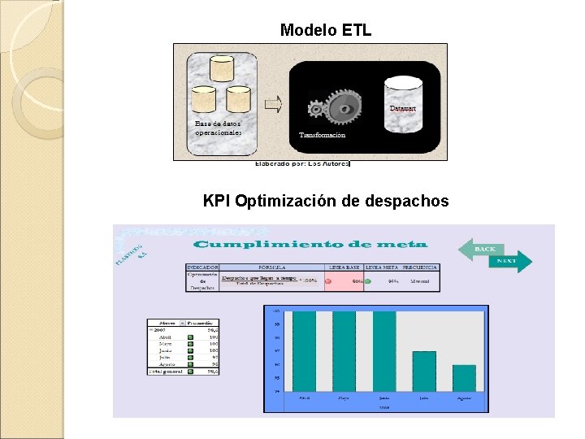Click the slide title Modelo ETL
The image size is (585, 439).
[x=325, y=30]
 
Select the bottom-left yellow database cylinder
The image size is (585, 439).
[x=203, y=101]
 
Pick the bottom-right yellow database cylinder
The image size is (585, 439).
[x=238, y=101]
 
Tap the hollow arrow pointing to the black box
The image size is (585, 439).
[x=274, y=103]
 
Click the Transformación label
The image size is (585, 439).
[x=322, y=135]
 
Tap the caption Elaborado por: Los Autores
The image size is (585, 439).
[x=302, y=163]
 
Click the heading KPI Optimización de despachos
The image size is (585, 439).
[x=325, y=201]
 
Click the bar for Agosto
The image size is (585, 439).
[x=464, y=378]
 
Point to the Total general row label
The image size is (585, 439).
[x=165, y=371]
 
